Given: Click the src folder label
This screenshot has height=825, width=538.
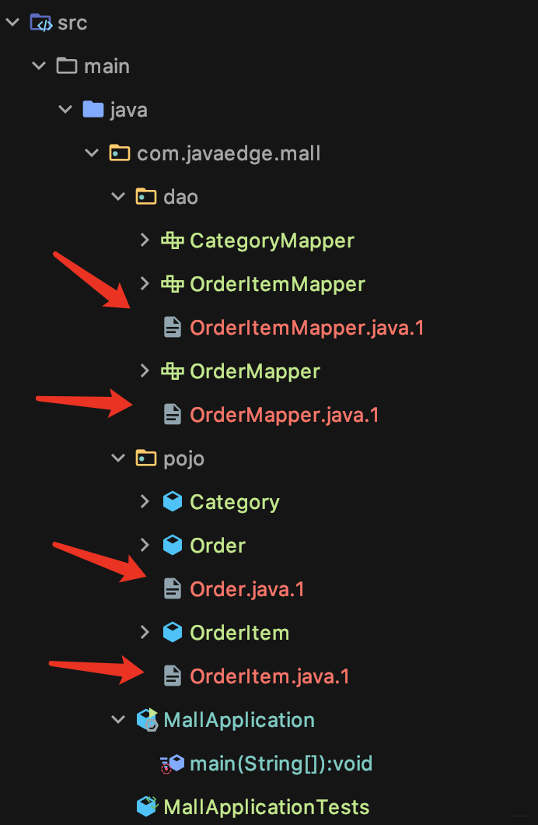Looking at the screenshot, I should click(72, 23).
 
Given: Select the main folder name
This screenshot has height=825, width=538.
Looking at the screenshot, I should click(107, 66).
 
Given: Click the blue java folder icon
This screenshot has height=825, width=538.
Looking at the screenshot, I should click(93, 110).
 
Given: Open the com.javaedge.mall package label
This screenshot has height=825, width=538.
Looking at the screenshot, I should click(229, 153).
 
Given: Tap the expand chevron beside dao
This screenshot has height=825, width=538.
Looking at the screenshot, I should click(118, 197).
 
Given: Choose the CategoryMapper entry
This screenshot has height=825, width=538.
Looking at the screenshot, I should click(271, 240).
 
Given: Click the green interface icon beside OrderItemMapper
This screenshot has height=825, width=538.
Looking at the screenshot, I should click(173, 284).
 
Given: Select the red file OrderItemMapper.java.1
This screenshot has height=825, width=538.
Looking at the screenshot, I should click(307, 328).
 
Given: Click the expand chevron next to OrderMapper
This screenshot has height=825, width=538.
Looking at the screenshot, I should click(145, 371).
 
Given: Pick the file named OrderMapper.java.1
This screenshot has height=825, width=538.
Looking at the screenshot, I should click(284, 415).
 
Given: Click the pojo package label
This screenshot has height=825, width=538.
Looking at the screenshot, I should click(183, 458).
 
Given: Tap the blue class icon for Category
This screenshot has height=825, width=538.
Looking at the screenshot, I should click(173, 502).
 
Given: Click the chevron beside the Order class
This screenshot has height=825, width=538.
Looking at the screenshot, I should click(145, 546).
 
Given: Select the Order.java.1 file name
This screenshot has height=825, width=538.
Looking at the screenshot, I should click(247, 589).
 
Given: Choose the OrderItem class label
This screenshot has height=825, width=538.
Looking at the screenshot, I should click(239, 633).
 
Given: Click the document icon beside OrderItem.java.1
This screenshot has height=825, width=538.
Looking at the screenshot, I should click(173, 676).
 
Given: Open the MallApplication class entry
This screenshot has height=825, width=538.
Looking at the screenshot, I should click(239, 720).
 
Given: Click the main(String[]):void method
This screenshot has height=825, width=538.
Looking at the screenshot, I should click(281, 764).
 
